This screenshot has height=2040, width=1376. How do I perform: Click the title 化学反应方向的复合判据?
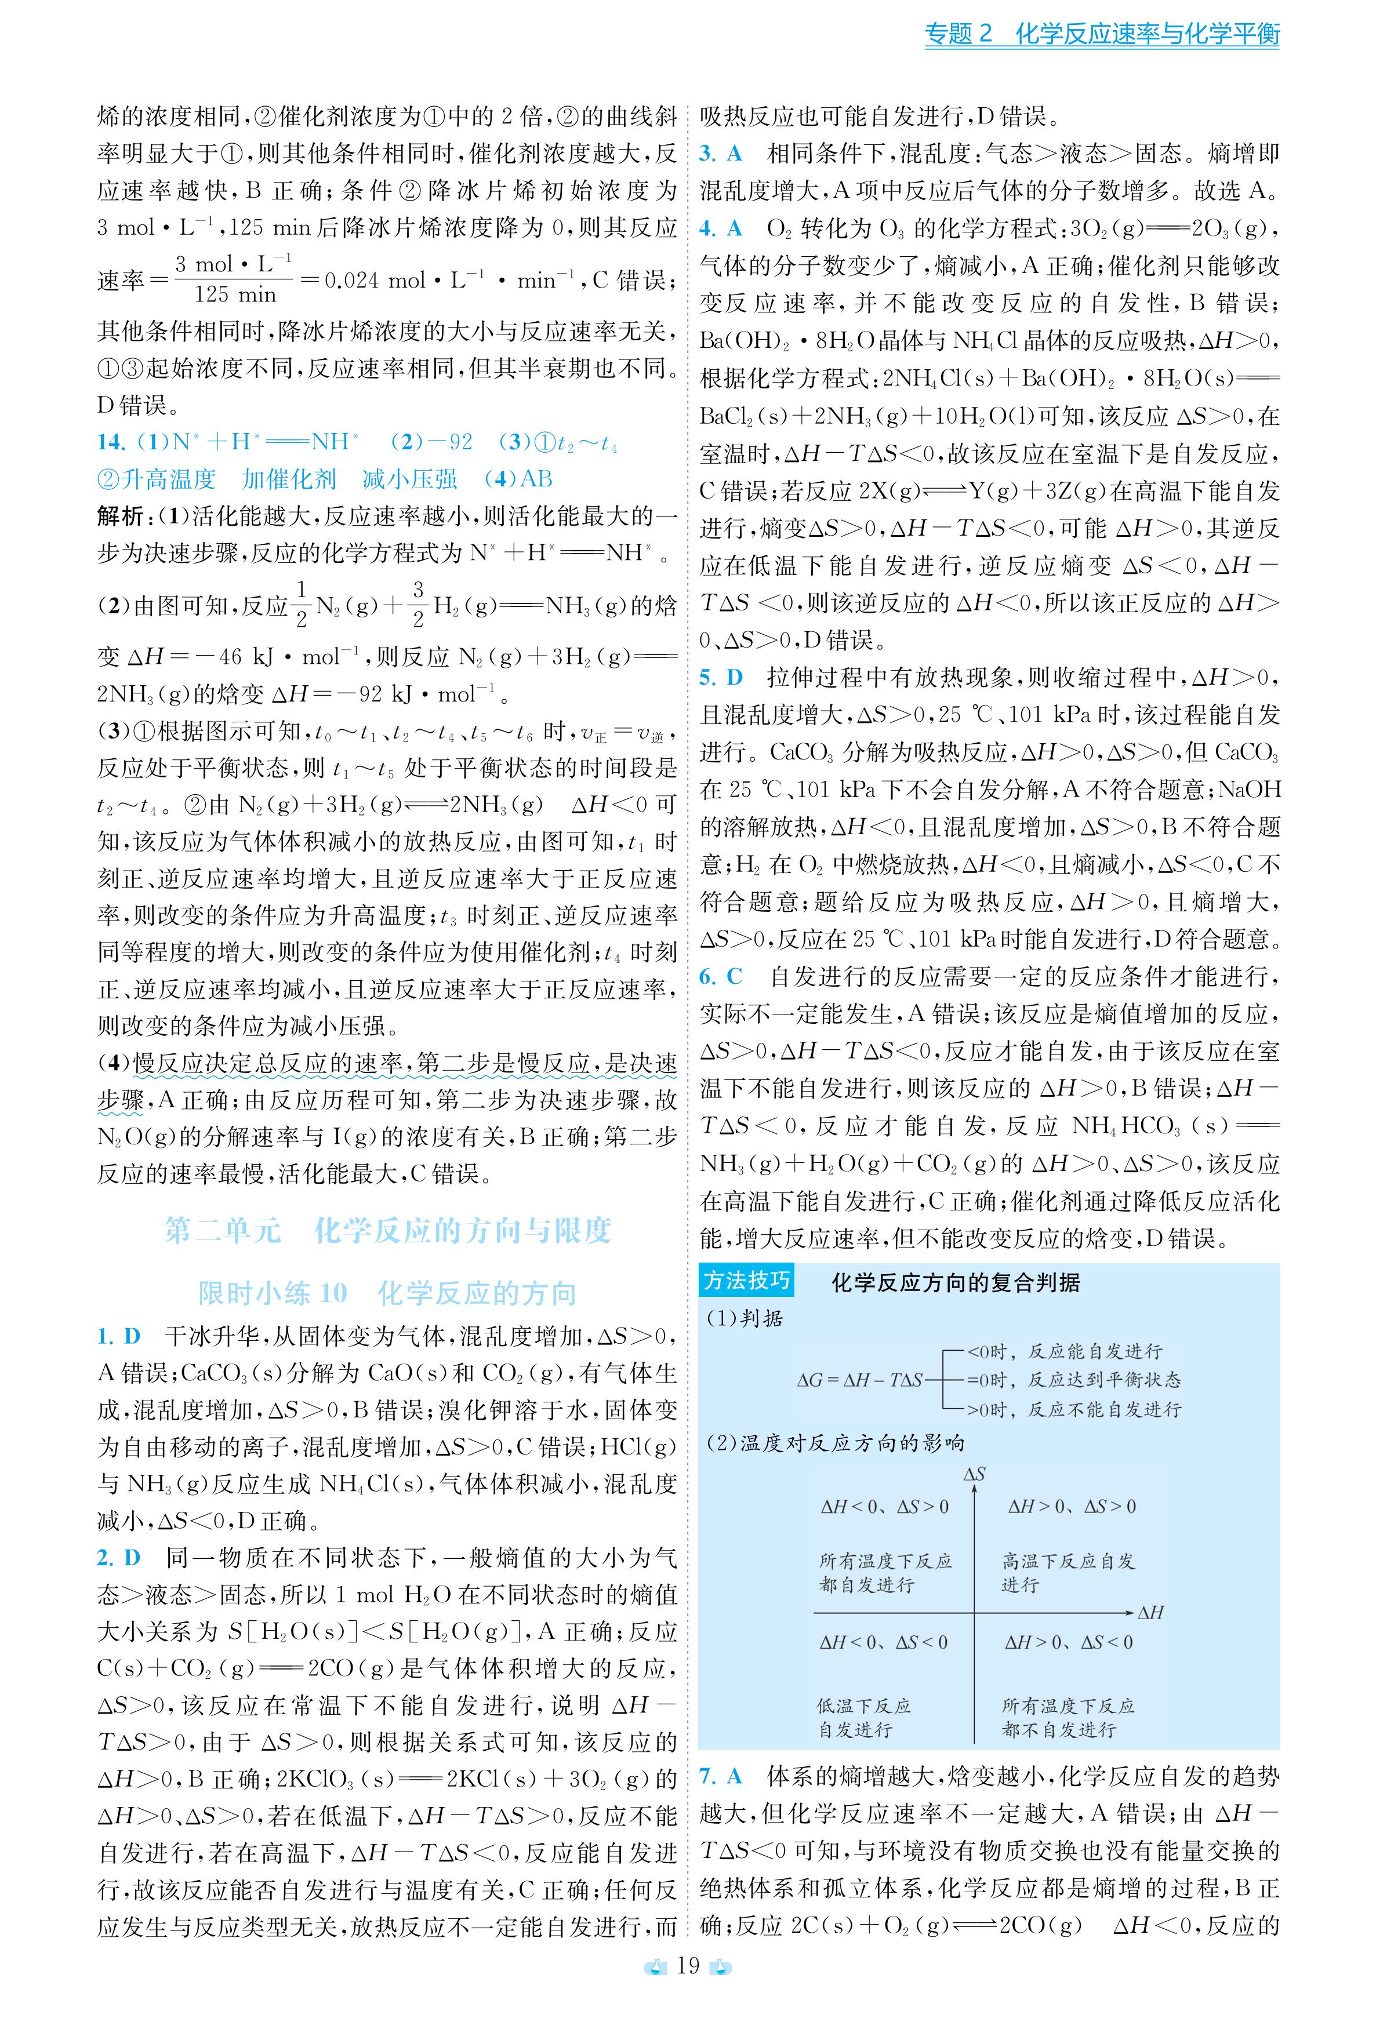click(x=955, y=1283)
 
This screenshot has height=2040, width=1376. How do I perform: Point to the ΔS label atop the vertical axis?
click(x=974, y=1474)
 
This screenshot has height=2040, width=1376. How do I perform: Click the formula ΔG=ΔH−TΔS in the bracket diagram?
click(x=859, y=1380)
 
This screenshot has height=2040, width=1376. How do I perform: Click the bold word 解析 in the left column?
click(x=119, y=516)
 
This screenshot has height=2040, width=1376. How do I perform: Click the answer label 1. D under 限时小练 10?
click(x=118, y=1336)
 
